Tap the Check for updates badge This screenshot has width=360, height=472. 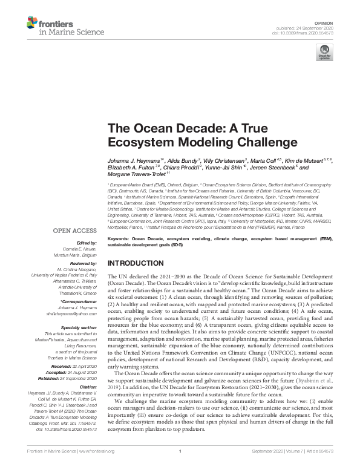[x=326, y=56]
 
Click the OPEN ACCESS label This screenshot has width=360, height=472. [x=74, y=231]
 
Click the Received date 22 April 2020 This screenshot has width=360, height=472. [x=82, y=366]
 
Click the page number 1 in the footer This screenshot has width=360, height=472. [x=180, y=468]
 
